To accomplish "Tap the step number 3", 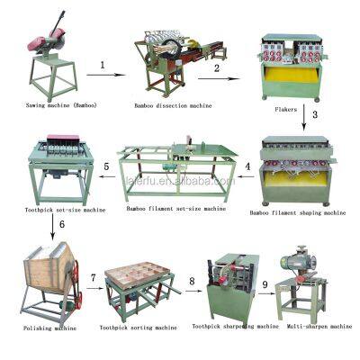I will tap(316, 114).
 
